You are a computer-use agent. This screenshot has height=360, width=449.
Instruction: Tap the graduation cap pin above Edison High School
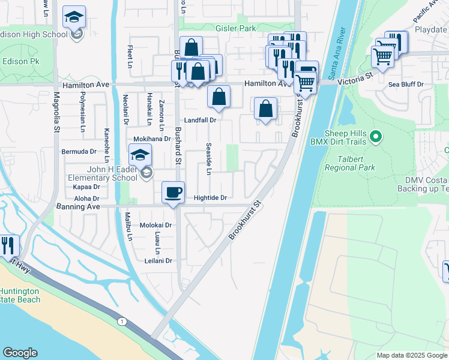(x=74, y=17)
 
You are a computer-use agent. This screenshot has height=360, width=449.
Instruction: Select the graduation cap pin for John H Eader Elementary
(x=140, y=156)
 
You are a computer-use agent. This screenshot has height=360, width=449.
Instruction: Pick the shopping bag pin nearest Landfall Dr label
(x=219, y=97)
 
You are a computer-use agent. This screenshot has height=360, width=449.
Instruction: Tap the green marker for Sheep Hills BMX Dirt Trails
(x=376, y=138)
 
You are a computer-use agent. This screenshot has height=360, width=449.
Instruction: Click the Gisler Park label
(x=235, y=28)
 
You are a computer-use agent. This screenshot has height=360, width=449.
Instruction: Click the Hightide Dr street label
(x=209, y=197)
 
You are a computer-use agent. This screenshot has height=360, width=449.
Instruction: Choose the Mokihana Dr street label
(x=152, y=139)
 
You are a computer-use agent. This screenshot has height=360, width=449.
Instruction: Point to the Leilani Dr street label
(x=158, y=260)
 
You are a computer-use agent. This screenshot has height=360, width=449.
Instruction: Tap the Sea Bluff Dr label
(x=406, y=85)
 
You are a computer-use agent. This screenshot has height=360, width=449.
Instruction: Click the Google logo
(x=20, y=353)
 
